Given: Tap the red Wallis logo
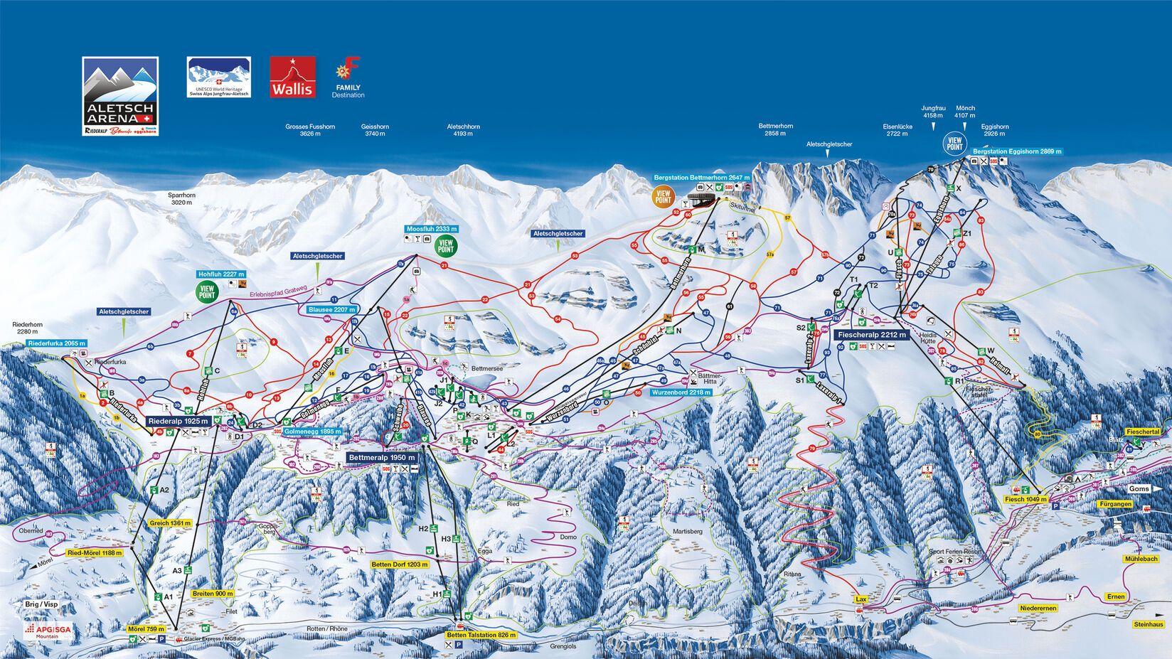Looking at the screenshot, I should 292,77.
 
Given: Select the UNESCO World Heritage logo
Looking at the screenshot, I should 218,77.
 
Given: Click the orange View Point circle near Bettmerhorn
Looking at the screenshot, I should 663,197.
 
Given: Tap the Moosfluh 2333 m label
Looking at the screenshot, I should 431,229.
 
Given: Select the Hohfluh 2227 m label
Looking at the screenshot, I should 221,274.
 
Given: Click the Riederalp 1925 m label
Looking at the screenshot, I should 179,421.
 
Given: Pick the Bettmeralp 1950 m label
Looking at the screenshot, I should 382,457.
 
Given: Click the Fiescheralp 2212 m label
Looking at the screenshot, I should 871,334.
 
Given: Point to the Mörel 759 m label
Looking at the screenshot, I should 150,628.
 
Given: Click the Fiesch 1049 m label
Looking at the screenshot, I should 1026,500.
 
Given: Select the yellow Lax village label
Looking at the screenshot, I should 861,599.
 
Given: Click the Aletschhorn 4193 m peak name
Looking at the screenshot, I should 463,130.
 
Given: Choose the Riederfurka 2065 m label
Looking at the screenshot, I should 58,343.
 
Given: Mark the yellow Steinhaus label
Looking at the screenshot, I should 1149,624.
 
